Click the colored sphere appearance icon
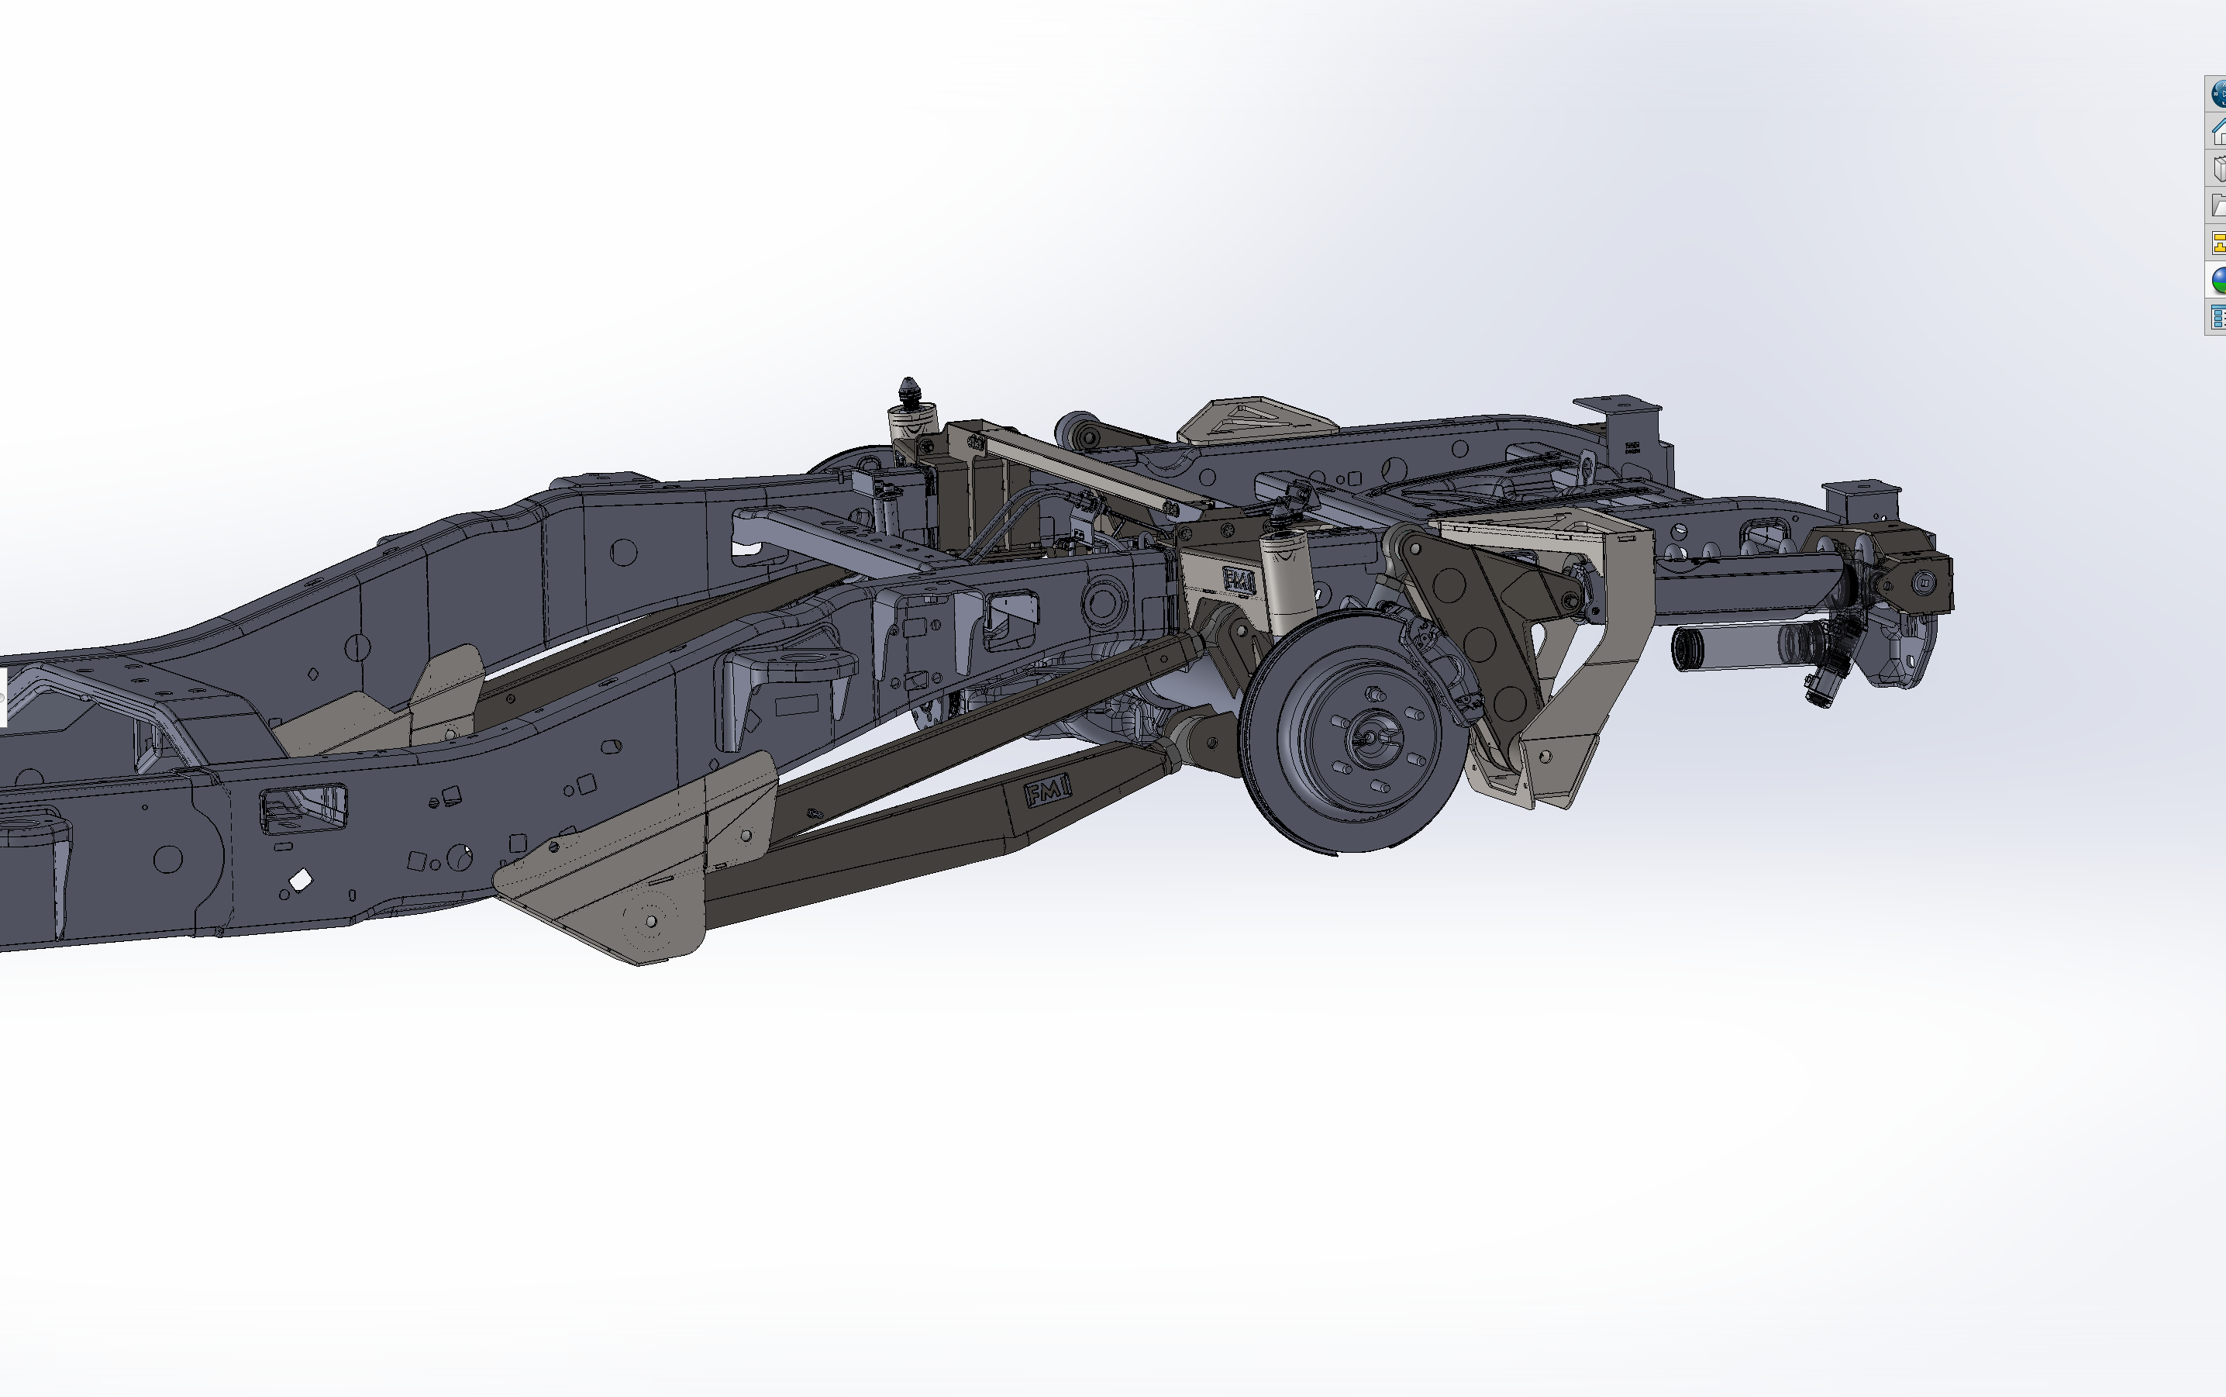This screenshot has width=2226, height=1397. click(2217, 280)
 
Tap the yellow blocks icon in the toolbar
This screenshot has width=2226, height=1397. click(2217, 243)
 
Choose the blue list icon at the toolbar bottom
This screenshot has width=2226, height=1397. click(2217, 317)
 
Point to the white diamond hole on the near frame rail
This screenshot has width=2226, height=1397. click(300, 881)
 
